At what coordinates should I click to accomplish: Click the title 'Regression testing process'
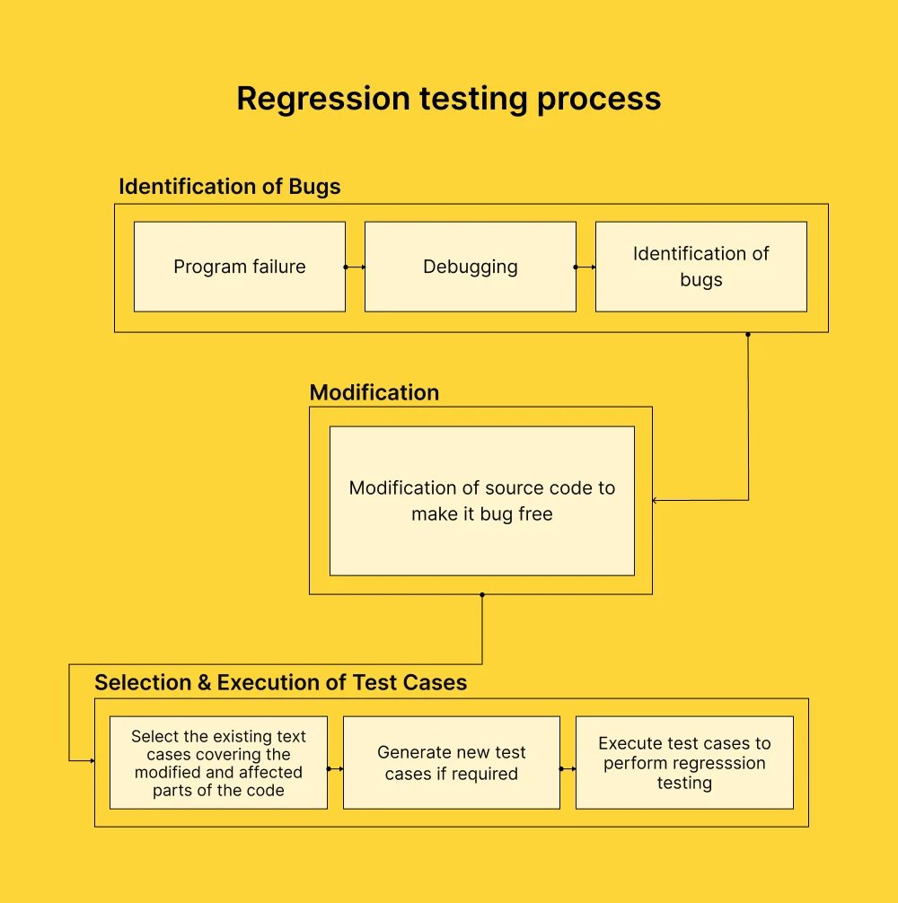[x=448, y=99]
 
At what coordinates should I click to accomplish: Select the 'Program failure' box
[x=240, y=267]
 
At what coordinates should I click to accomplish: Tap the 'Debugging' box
[x=471, y=267]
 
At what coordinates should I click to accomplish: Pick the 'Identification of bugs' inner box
[x=701, y=267]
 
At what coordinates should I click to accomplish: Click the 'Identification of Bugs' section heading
[x=230, y=187]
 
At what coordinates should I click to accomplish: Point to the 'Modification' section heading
[x=374, y=392]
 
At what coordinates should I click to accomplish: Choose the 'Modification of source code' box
[x=482, y=500]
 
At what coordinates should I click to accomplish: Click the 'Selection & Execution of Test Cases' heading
[x=281, y=682]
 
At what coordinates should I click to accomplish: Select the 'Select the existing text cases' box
[x=218, y=762]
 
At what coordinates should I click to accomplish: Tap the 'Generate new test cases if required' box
[x=452, y=762]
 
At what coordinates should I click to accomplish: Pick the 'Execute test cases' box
[x=684, y=762]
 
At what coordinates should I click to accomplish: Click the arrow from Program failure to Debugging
[x=356, y=267]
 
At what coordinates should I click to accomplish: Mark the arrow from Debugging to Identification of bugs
[x=586, y=267]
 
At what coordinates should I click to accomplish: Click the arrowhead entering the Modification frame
[x=656, y=500]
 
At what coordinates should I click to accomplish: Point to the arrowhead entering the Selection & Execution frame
[x=92, y=761]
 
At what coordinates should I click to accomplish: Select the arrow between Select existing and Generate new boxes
[x=336, y=769]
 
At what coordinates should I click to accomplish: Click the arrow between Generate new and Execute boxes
[x=568, y=769]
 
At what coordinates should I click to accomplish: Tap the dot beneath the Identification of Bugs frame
[x=748, y=334]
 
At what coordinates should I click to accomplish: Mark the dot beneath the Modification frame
[x=482, y=595]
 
